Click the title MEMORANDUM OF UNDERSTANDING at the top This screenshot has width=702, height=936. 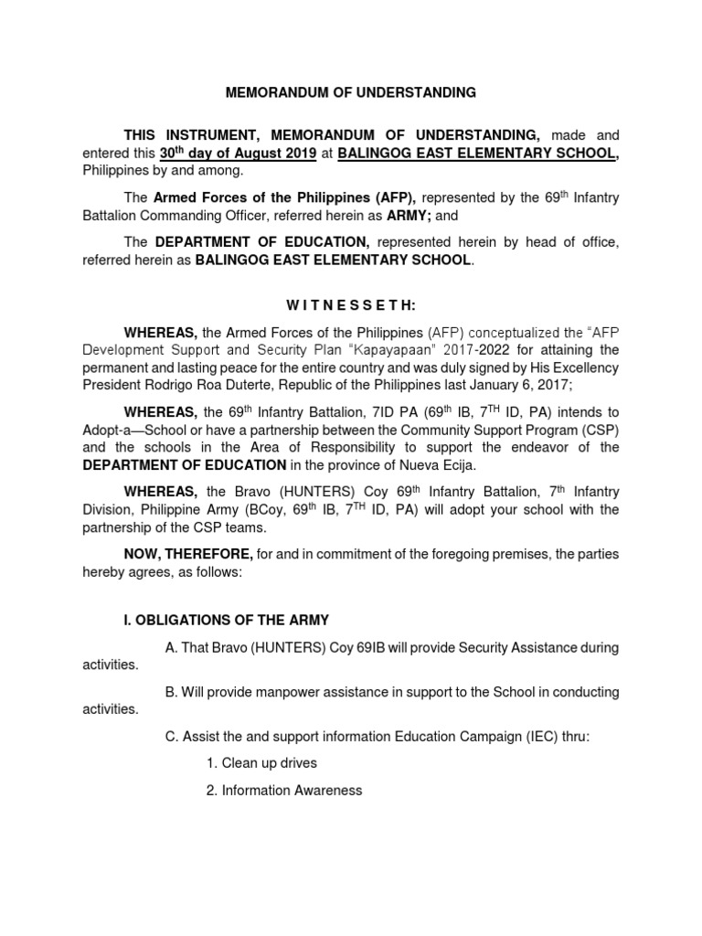(351, 92)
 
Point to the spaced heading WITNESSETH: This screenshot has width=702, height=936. (351, 304)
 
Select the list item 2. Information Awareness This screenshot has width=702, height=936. (283, 790)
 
